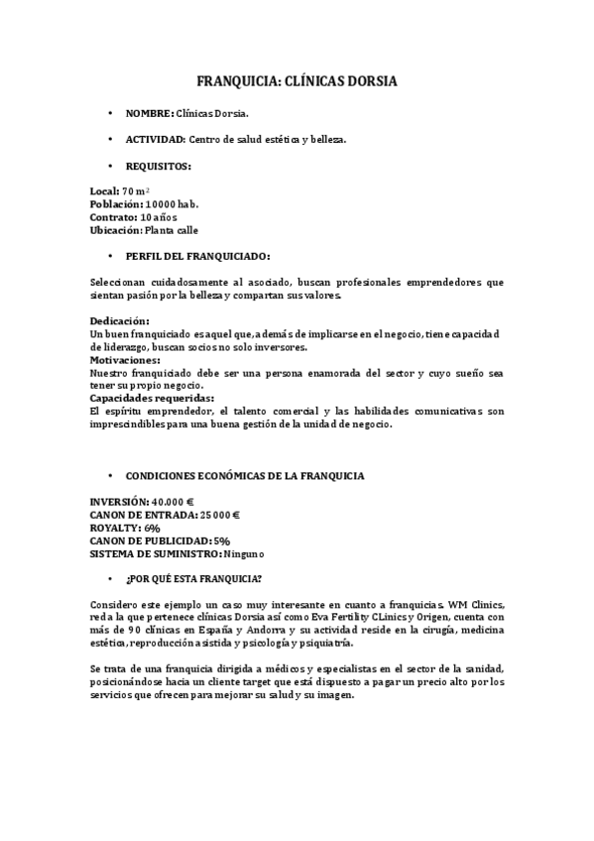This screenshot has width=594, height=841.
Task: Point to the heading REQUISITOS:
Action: point(159,166)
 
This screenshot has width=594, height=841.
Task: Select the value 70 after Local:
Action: point(128,189)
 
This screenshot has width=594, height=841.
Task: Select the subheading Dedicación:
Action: point(119,321)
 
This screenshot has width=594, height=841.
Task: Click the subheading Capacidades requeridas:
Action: point(151,398)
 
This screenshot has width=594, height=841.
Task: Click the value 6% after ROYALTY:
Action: point(152,528)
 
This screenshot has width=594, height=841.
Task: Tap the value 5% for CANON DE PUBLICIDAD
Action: point(221,541)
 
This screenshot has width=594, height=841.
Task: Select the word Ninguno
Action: point(244,553)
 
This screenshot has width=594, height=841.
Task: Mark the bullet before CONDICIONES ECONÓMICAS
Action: point(112,476)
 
